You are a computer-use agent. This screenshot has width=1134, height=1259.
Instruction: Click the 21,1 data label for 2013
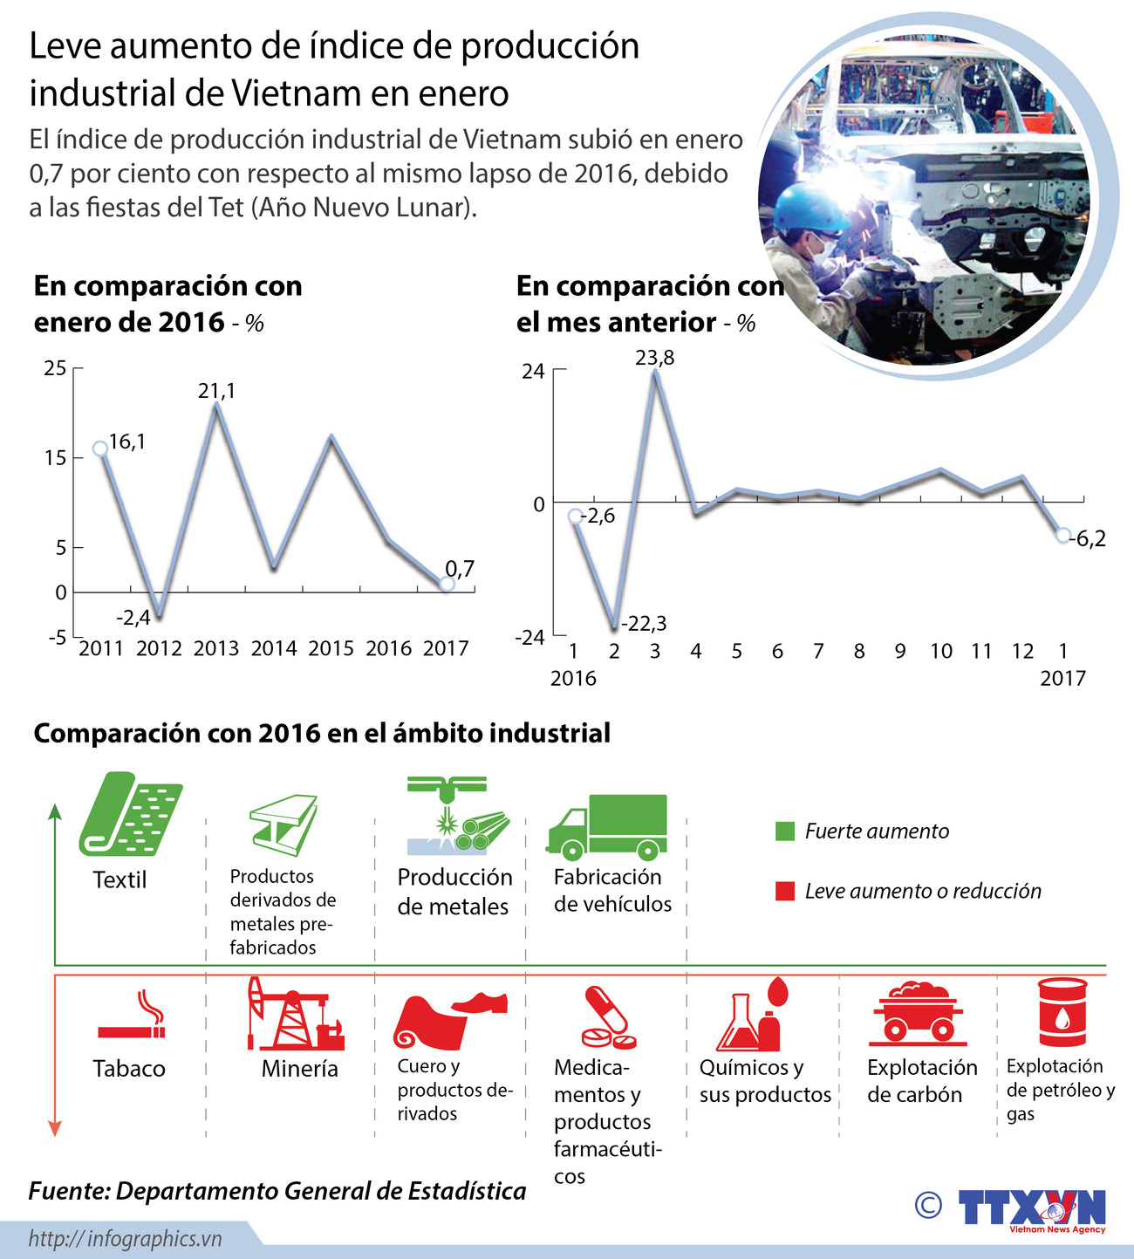click(216, 391)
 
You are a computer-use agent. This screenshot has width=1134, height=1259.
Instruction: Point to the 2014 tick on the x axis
click(274, 648)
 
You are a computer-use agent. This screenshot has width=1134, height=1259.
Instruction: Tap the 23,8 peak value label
click(654, 358)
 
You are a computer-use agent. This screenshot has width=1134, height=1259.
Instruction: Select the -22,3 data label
click(645, 623)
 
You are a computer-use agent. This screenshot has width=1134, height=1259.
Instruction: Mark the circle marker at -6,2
click(1062, 535)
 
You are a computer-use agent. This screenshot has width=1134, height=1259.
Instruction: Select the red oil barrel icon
click(1062, 1011)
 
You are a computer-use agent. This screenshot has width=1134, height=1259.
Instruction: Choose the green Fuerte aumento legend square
click(785, 831)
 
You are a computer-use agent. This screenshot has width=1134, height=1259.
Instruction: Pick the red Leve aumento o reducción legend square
click(785, 891)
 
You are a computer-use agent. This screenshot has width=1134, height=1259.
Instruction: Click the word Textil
click(120, 879)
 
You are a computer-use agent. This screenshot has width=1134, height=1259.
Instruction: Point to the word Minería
click(299, 1068)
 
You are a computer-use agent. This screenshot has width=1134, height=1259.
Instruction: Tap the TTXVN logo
click(1032, 1209)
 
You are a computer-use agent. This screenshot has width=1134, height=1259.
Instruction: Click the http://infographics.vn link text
click(126, 1238)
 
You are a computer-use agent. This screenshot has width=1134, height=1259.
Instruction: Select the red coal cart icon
click(917, 1013)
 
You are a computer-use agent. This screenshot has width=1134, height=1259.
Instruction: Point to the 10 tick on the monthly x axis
click(940, 651)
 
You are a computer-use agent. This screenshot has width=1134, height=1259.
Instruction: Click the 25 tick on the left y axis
click(55, 368)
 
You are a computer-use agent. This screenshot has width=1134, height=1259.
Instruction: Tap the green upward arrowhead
click(55, 812)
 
